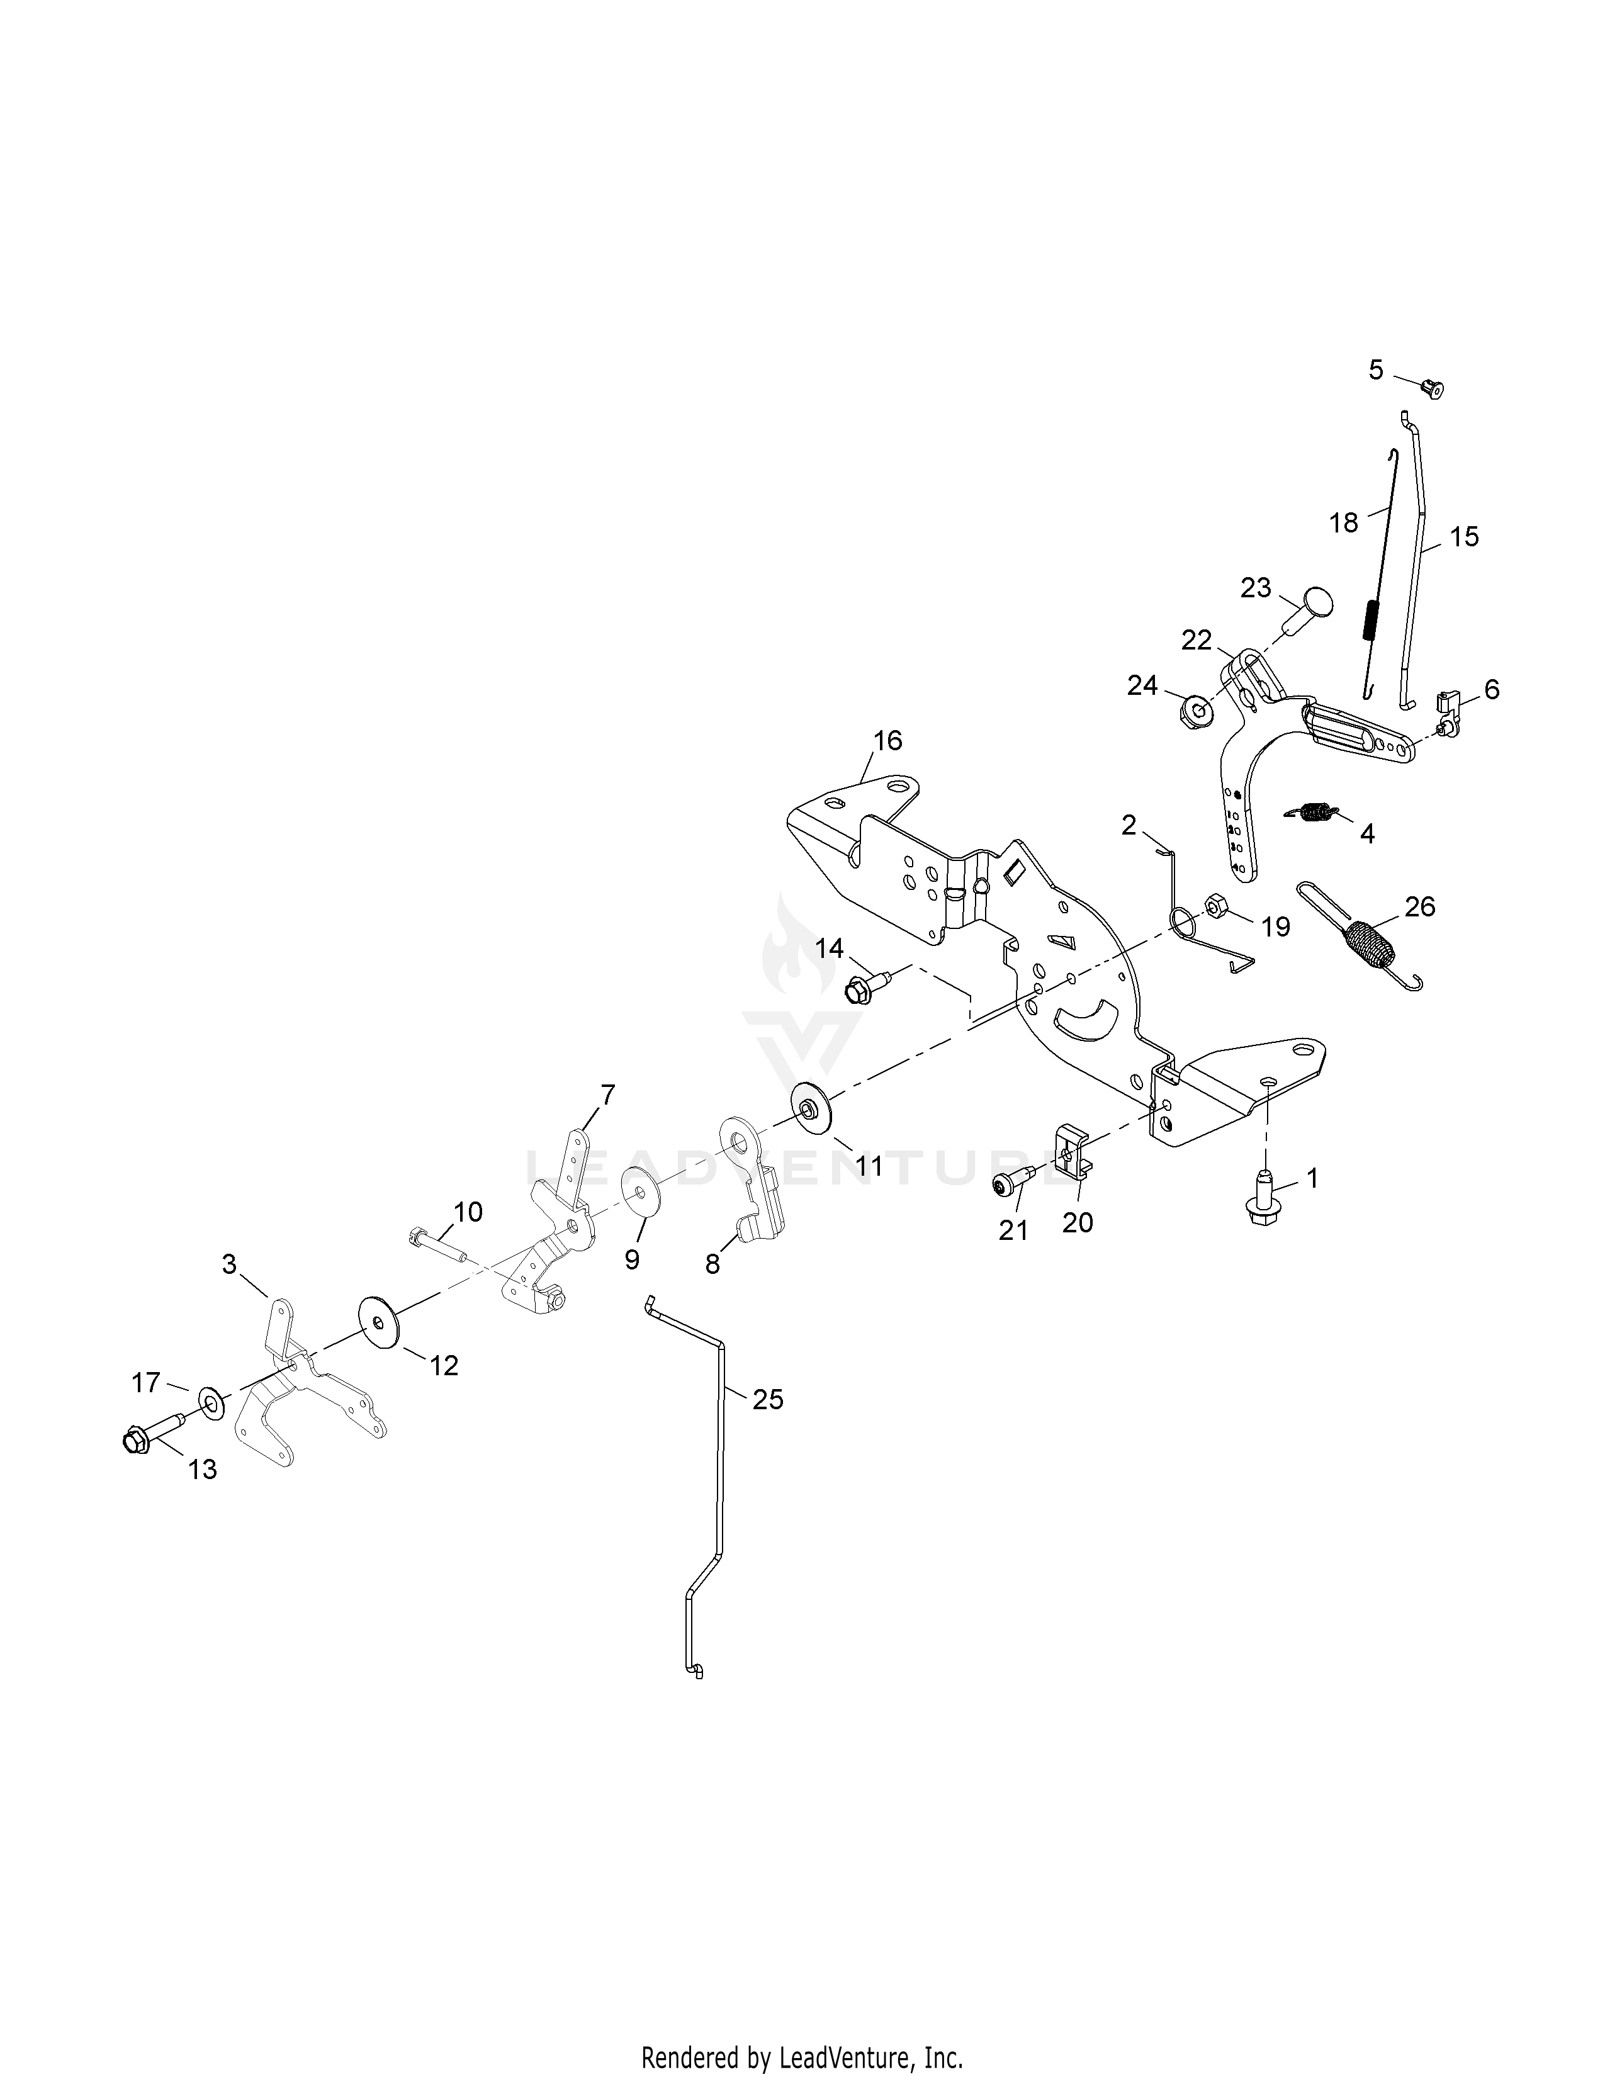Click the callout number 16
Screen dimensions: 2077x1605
[887, 740]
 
